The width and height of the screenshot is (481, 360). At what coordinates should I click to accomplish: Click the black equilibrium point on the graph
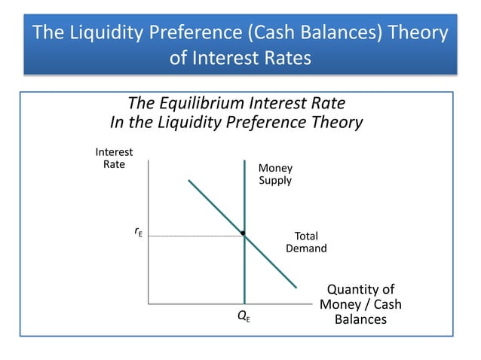pyautogui.click(x=243, y=233)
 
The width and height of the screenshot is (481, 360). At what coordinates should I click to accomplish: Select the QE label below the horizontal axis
pyautogui.click(x=244, y=317)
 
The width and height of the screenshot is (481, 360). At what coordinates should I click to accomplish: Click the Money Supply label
pyautogui.click(x=275, y=174)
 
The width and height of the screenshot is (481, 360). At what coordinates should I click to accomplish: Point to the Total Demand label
pyautogui.click(x=306, y=242)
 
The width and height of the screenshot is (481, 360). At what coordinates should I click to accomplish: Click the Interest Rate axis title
pyautogui.click(x=114, y=158)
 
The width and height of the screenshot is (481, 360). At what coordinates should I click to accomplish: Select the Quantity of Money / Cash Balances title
pyautogui.click(x=360, y=304)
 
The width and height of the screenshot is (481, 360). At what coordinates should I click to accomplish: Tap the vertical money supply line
pyautogui.click(x=245, y=279)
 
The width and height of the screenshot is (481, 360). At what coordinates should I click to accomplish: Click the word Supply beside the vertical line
pyautogui.click(x=275, y=181)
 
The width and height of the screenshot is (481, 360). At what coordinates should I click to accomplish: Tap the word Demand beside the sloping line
pyautogui.click(x=306, y=249)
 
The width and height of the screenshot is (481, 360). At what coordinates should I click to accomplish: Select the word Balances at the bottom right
pyautogui.click(x=360, y=319)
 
